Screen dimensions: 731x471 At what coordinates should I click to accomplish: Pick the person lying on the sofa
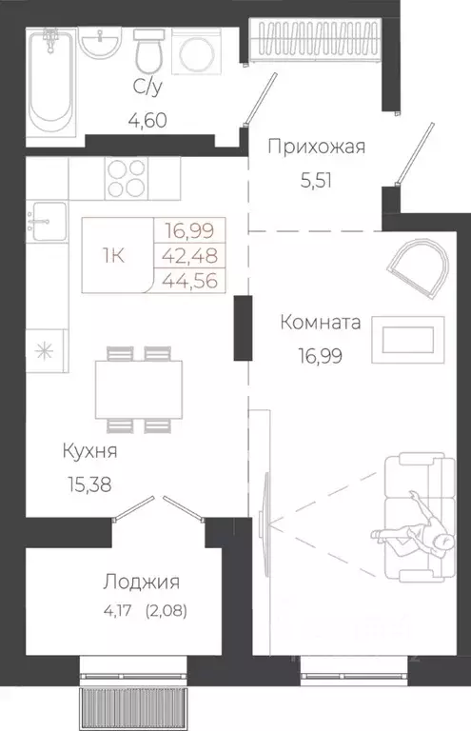pos(419,528)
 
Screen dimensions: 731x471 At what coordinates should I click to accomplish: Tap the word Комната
pos(321,323)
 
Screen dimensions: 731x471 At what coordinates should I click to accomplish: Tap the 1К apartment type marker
pos(112,255)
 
